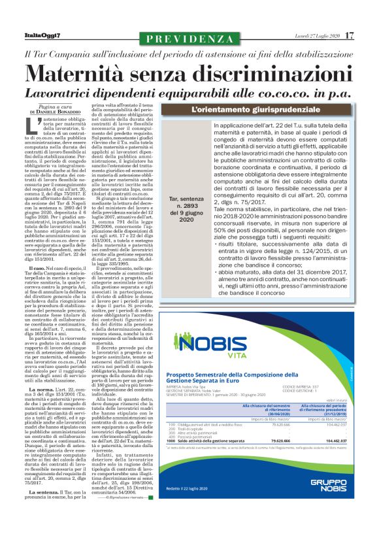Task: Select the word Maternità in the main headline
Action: [92, 72]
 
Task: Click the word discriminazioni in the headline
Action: [254, 72]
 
